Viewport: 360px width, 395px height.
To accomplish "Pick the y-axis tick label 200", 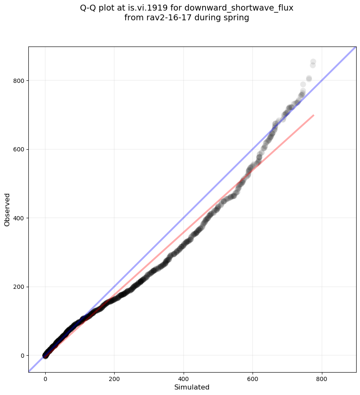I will coord(18,287).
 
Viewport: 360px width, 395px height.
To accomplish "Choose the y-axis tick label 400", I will coord(18,218).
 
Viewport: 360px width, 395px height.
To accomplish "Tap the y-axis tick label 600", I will coord(18,149).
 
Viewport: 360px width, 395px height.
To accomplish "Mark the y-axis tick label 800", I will coord(18,80).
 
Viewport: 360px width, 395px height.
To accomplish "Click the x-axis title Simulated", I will coord(192,387).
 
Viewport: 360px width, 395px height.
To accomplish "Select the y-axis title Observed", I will coord(7,210).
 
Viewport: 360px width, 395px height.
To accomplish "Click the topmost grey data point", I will coord(313,62).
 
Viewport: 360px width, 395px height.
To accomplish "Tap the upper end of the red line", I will coord(313,115).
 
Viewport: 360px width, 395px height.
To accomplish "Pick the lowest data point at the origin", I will coord(46,356).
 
